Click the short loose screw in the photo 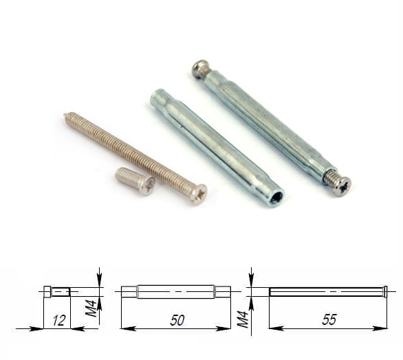pos(135,181)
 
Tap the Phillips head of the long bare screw pos(199,194)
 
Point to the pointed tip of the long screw pos(65,115)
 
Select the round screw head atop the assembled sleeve pos(201,67)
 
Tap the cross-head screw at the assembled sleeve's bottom pos(340,184)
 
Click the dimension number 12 pos(59,321)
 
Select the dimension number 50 pos(177,320)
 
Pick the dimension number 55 pos(329,320)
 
